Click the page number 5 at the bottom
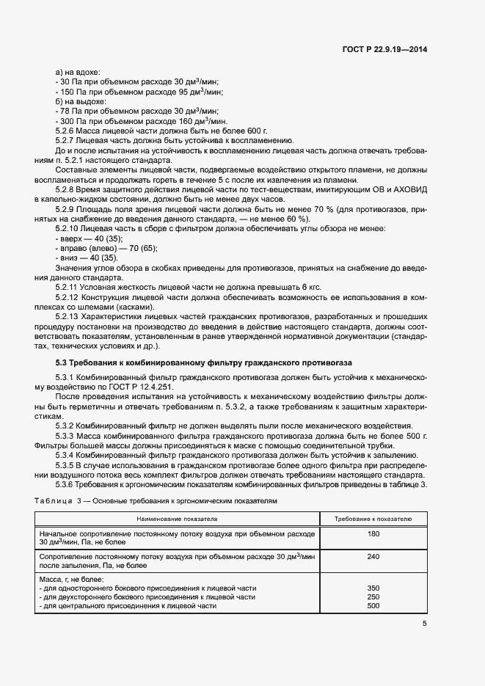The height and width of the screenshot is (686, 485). tap(425, 624)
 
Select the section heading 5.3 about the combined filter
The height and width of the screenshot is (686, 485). tap(205, 362)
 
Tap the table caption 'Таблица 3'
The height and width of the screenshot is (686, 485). tap(54, 499)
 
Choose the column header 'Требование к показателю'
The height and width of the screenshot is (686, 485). tap(373, 519)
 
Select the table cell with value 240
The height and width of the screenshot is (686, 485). tap(373, 557)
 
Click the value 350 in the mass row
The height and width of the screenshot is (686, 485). tap(373, 588)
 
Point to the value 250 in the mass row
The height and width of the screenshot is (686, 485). tap(373, 597)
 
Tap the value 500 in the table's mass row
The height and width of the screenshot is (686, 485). tap(373, 606)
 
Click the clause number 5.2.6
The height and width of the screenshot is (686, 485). tap(68, 130)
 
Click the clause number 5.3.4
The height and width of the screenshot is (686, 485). tap(68, 455)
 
